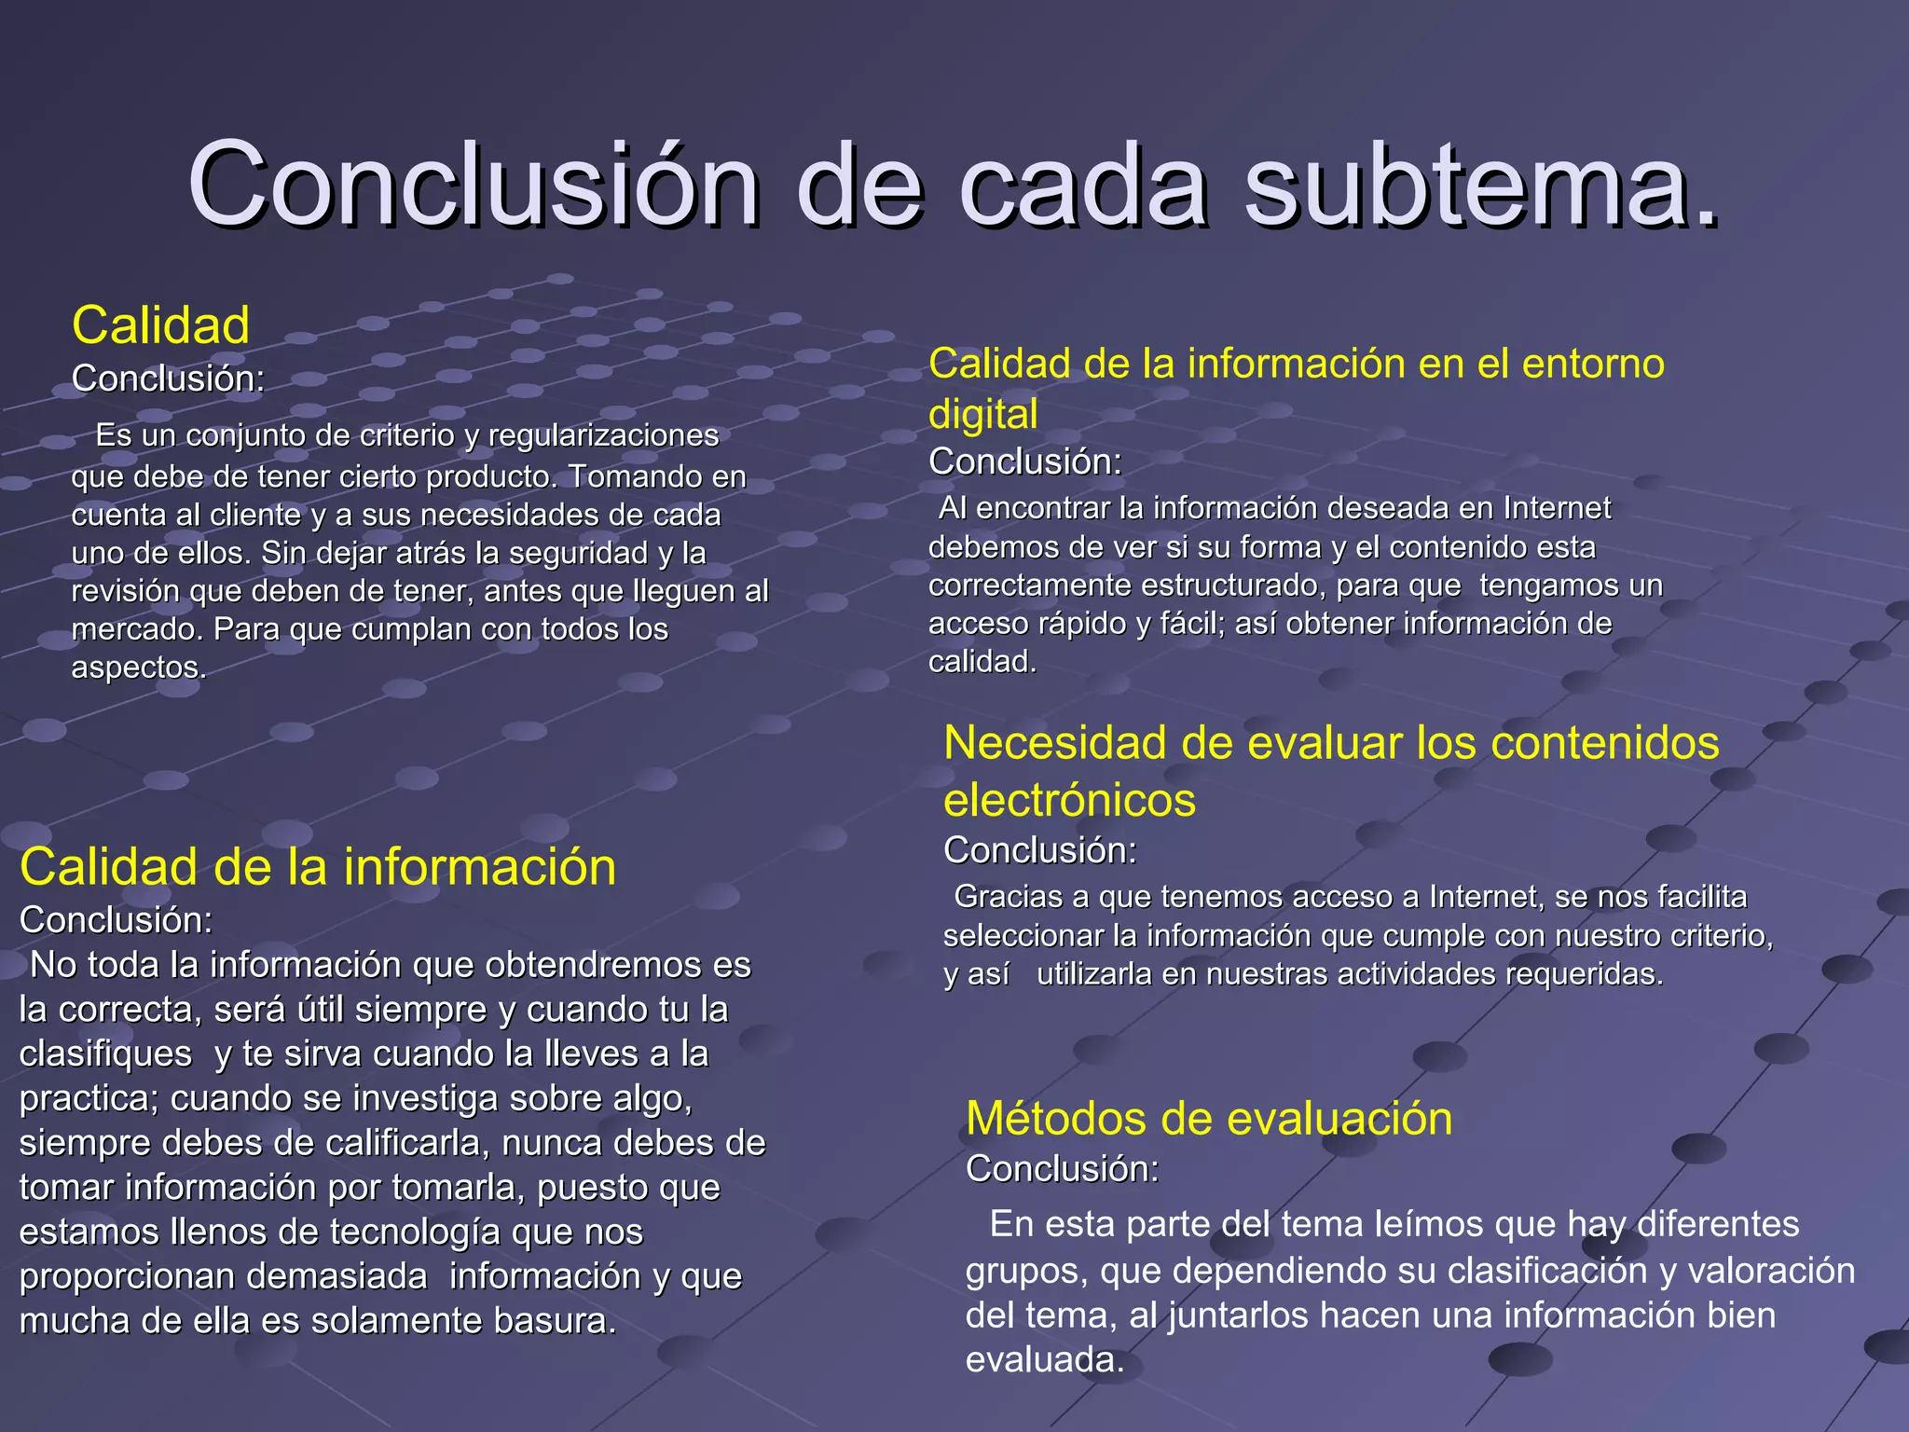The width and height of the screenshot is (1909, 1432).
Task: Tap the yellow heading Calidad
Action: point(161,325)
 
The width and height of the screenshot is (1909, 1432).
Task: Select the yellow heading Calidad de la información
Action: point(318,867)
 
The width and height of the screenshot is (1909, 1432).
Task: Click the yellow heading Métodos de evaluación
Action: point(1209,1118)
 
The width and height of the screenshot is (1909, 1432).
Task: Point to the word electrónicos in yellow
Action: point(1069,800)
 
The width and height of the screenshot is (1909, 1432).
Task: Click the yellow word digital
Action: point(982,414)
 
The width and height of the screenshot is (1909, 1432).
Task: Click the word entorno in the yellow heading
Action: point(1593,364)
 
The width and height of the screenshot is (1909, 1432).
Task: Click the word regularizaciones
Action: point(603,435)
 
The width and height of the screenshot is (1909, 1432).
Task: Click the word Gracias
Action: point(1009,897)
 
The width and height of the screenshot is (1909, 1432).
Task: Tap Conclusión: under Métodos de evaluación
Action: point(1062,1169)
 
